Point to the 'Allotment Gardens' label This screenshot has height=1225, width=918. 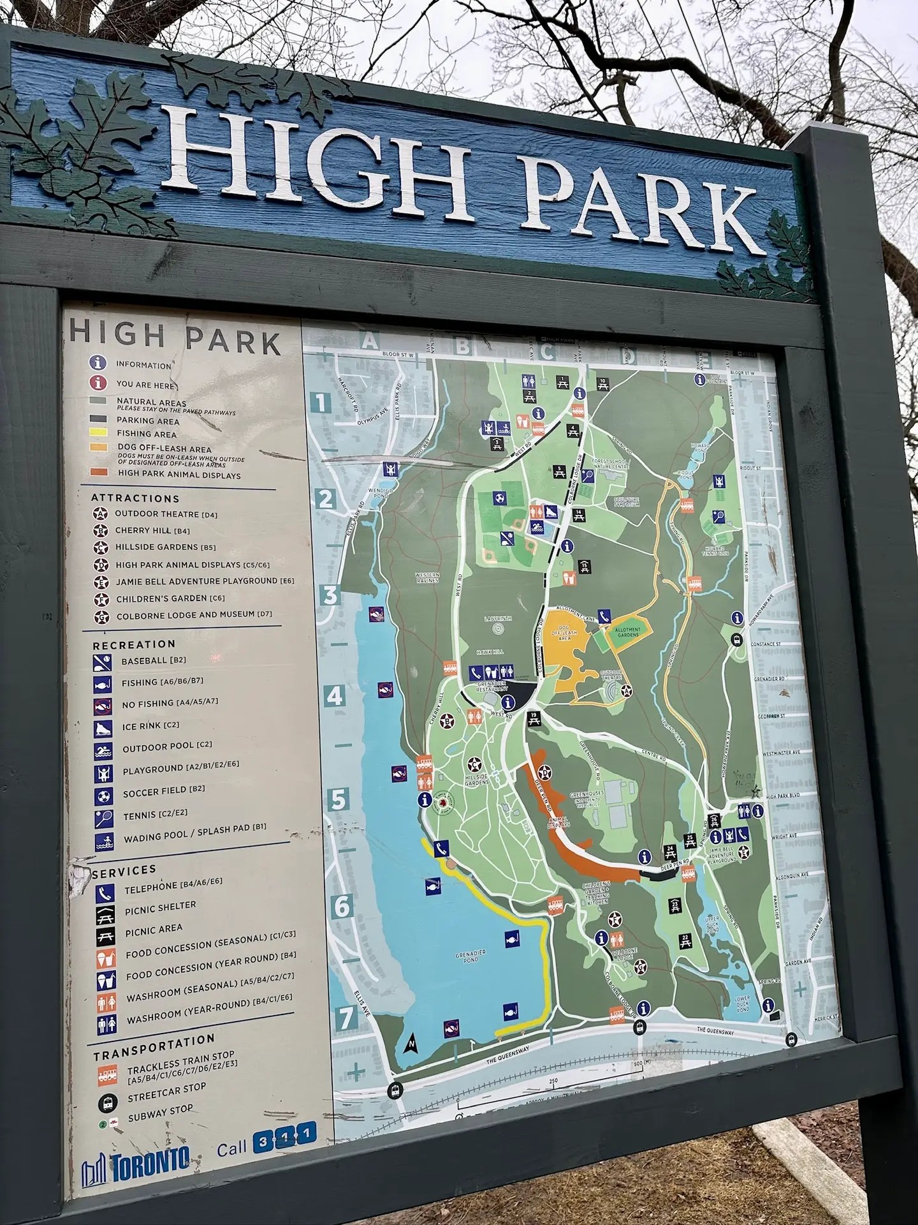[x=627, y=632]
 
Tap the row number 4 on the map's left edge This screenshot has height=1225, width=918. [x=335, y=695]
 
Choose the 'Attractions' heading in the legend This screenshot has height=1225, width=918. [x=135, y=498]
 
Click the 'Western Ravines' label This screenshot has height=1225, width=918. [x=427, y=578]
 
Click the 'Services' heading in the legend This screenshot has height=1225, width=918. [x=125, y=870]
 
